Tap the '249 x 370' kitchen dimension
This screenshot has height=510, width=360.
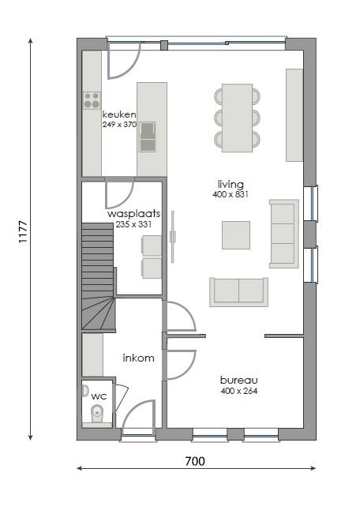119,124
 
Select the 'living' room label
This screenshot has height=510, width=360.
231,185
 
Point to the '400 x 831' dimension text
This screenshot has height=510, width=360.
231,194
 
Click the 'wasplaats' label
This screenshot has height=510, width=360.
134,214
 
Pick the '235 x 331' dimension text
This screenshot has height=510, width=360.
134,224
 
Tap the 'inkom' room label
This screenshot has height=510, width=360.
138,358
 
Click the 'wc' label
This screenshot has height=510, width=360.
99,396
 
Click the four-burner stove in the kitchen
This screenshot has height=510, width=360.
92,99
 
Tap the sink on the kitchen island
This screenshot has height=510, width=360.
148,140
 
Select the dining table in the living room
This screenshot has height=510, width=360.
237,118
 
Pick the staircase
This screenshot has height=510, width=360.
98,276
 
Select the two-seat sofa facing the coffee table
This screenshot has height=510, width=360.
238,291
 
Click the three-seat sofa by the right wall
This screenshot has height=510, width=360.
283,233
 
